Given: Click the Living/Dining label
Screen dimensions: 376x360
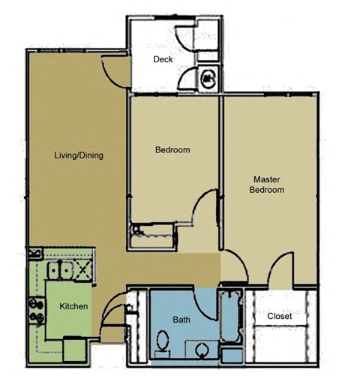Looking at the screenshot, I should point(79,156).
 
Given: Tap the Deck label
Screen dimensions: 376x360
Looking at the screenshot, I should point(163,59).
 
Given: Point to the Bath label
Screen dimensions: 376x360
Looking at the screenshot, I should point(181,319).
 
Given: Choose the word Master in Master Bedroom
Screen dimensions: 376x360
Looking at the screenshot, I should point(267,179).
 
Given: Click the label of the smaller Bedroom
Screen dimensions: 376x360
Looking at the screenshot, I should point(172,150).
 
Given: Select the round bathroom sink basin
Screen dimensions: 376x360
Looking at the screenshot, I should point(200,350).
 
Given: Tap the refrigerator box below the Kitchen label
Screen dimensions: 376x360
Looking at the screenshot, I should point(75,348).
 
